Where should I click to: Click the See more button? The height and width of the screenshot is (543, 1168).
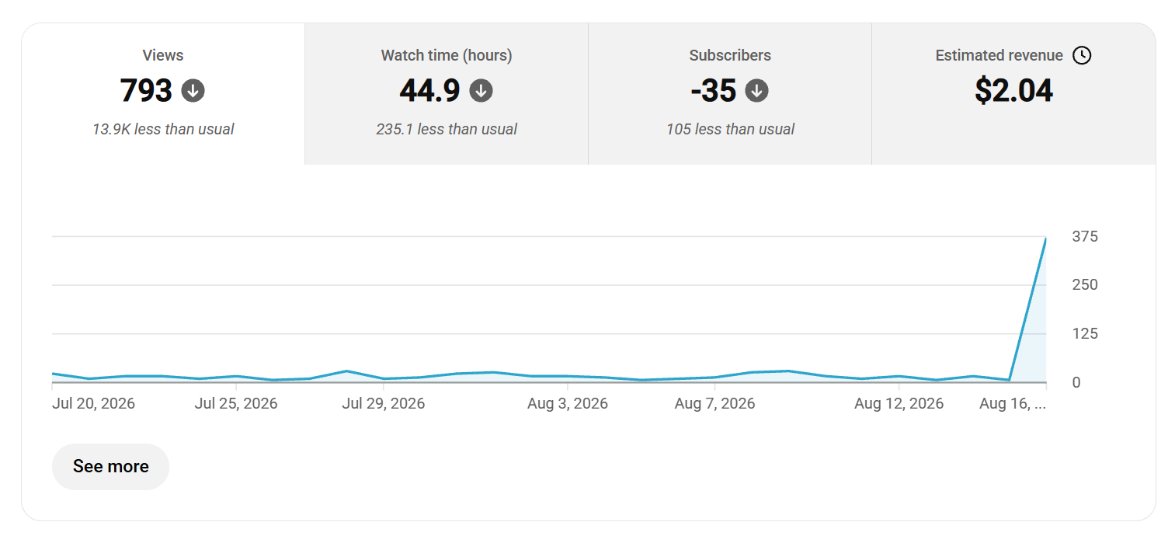click(110, 466)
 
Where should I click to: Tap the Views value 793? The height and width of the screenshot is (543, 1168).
click(146, 90)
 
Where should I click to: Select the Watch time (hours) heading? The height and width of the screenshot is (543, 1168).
click(447, 55)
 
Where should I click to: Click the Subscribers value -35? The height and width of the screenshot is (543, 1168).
click(714, 90)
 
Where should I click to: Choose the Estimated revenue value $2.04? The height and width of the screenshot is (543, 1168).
click(1013, 90)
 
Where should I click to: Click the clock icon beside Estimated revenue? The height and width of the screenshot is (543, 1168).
click(1082, 55)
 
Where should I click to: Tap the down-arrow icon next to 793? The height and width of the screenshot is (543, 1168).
click(193, 91)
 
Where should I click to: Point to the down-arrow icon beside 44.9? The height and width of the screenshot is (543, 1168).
click(481, 91)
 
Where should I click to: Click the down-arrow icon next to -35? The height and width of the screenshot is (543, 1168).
click(756, 91)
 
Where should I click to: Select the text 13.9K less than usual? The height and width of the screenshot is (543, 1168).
click(163, 129)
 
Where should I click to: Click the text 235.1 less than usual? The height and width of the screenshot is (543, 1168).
click(447, 129)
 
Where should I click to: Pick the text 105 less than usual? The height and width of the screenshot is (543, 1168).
click(730, 129)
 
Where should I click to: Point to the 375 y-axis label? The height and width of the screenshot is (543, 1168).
click(1085, 236)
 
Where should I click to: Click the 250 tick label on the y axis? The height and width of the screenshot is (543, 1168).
click(1085, 284)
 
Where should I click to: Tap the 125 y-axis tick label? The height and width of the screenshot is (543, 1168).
click(1085, 333)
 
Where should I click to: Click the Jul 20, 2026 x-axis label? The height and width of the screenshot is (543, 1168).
click(93, 403)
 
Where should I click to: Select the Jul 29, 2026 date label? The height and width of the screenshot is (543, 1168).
click(384, 403)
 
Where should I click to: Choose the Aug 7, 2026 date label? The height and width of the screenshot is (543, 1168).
click(714, 403)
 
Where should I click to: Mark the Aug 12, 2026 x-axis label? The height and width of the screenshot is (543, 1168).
click(899, 403)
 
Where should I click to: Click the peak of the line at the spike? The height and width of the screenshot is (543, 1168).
click(1045, 238)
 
